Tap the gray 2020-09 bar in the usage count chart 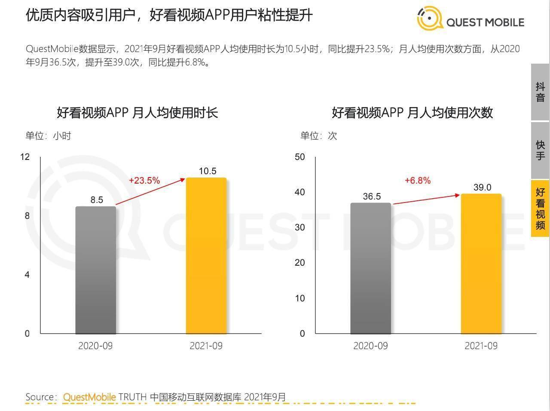pyautogui.click(x=371, y=268)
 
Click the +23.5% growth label pyautogui.click(x=144, y=181)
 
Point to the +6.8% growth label pyautogui.click(x=418, y=181)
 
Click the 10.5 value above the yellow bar pyautogui.click(x=208, y=171)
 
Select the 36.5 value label pyautogui.click(x=372, y=196)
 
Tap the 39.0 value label pyautogui.click(x=482, y=187)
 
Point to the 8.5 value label pyautogui.click(x=97, y=200)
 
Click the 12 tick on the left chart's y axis pyautogui.click(x=25, y=156)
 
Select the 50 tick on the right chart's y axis pyautogui.click(x=299, y=157)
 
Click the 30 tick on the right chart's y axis pyautogui.click(x=299, y=227)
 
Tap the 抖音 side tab pyautogui.click(x=540, y=92)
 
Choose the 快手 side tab pyautogui.click(x=540, y=150)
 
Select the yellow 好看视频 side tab pyautogui.click(x=540, y=209)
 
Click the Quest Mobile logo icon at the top pyautogui.click(x=430, y=19)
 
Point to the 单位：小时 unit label pyautogui.click(x=48, y=136)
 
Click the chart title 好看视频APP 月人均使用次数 pyautogui.click(x=412, y=113)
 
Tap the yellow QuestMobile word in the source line pyautogui.click(x=89, y=397)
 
